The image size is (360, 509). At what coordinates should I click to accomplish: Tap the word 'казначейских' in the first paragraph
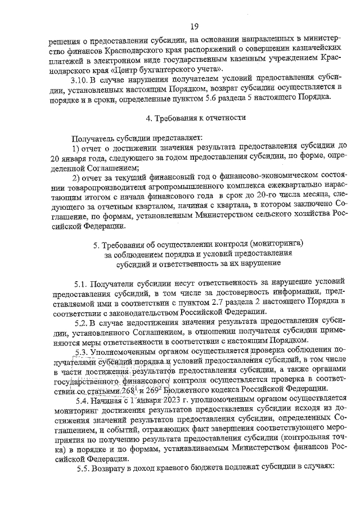click(x=310, y=49)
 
